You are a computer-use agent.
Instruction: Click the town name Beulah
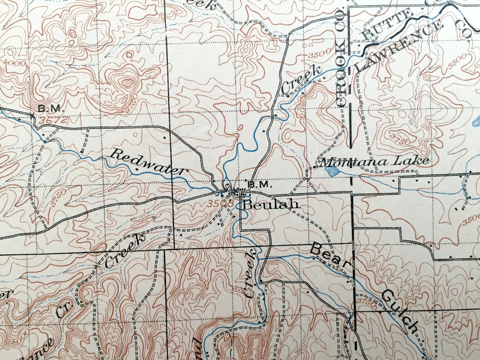[x=271, y=205]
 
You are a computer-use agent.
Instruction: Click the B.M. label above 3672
[x=50, y=108]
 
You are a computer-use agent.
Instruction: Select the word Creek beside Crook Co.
[x=301, y=79]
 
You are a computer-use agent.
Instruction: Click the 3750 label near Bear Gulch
[x=367, y=302]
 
